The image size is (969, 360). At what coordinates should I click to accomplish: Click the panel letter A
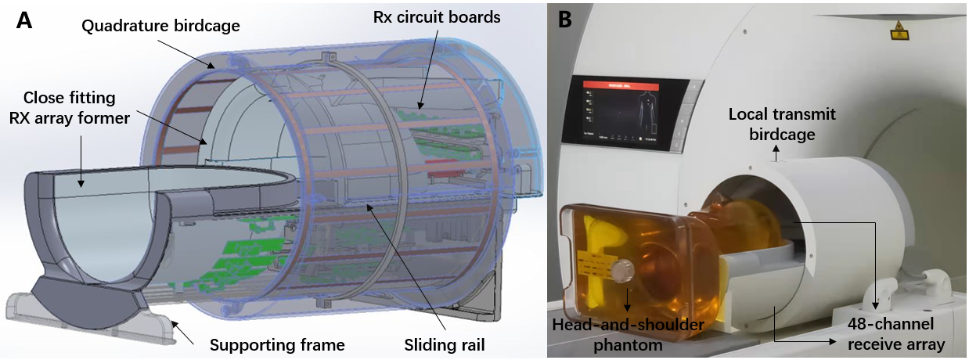[x=24, y=20]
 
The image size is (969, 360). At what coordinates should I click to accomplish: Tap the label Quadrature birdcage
[x=161, y=25]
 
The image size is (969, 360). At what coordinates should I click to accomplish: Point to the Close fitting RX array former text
[x=70, y=108]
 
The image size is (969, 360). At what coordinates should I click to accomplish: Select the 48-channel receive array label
[x=899, y=333]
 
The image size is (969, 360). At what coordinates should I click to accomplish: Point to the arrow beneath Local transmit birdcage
[x=776, y=155]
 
